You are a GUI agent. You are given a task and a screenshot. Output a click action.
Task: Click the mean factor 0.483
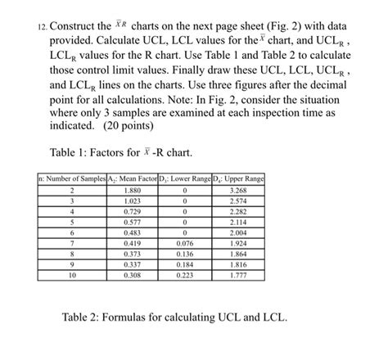132,232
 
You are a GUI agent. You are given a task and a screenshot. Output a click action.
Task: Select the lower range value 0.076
185,244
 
